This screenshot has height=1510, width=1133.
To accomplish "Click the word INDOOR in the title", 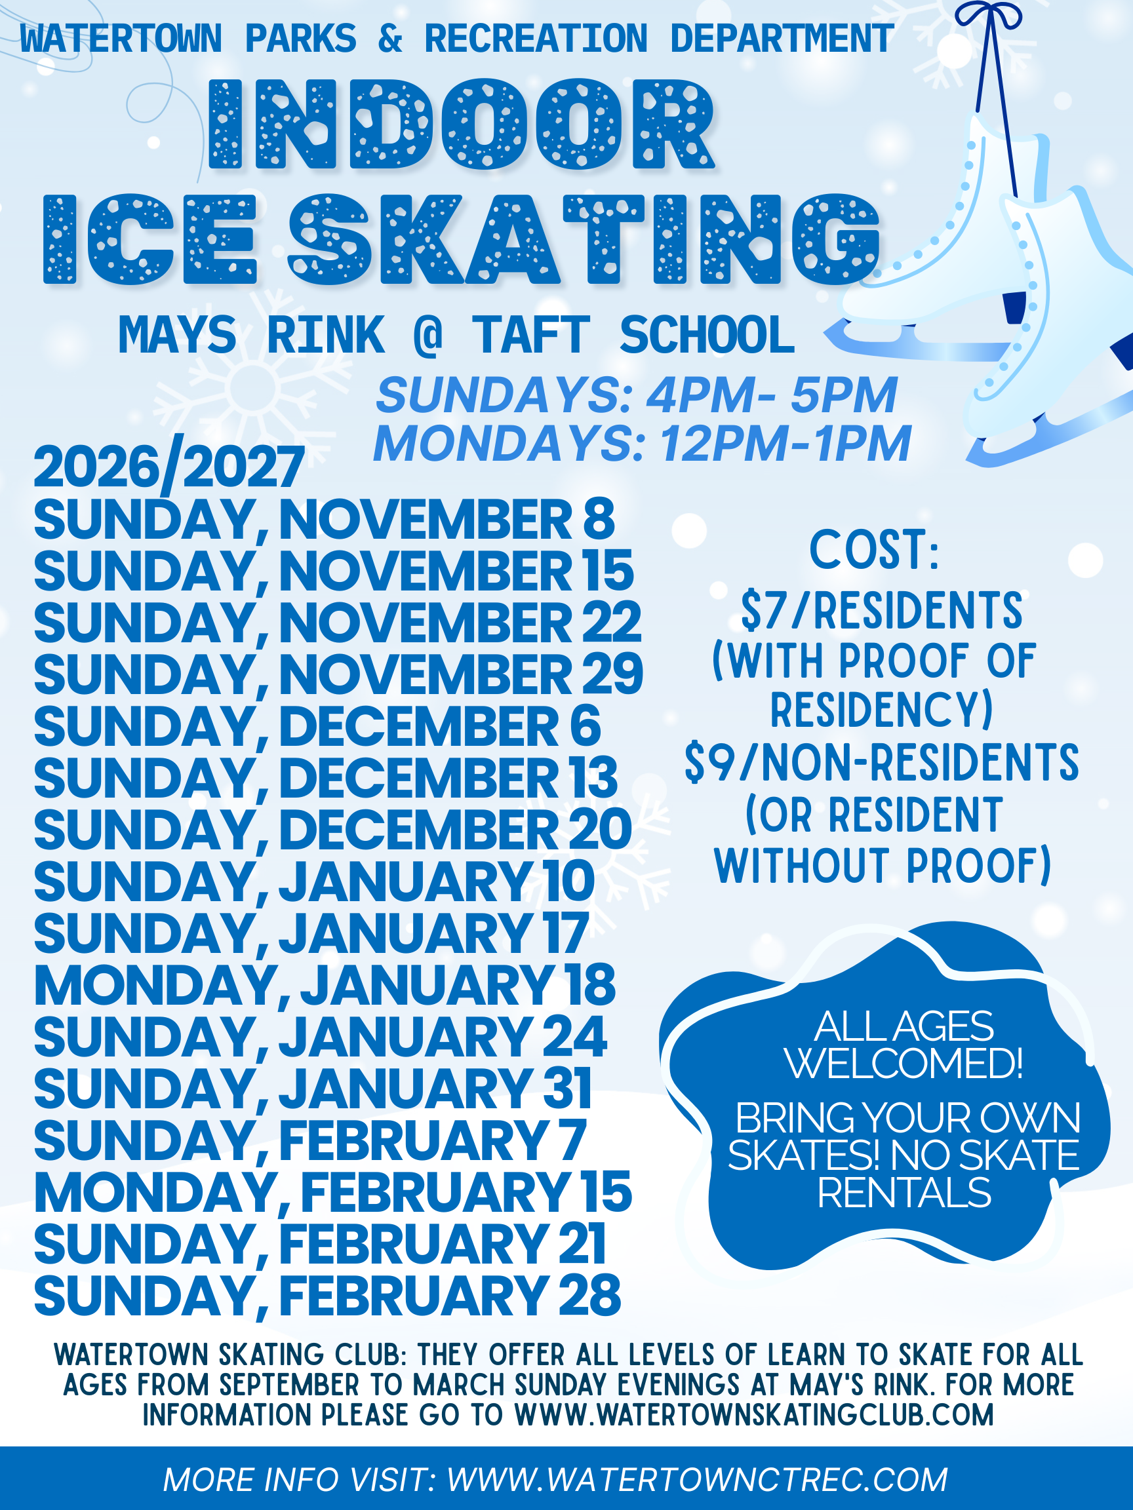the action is tap(462, 124).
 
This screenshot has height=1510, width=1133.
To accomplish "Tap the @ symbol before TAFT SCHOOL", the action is tap(428, 335).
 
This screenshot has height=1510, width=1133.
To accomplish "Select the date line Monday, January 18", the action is tap(325, 985).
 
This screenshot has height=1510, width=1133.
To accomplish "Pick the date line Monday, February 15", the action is tap(333, 1192).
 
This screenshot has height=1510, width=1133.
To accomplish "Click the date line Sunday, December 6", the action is tap(317, 726).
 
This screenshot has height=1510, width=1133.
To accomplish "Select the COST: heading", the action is tap(875, 549).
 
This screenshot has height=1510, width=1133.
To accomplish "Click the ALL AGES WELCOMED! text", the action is tap(904, 1045).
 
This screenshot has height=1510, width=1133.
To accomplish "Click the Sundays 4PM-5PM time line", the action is tap(637, 395).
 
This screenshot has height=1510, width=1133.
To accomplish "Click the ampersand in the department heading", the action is tap(390, 38).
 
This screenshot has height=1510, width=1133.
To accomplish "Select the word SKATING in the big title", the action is tap(585, 239).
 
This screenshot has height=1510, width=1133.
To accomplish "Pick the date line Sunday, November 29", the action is tap(339, 674).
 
